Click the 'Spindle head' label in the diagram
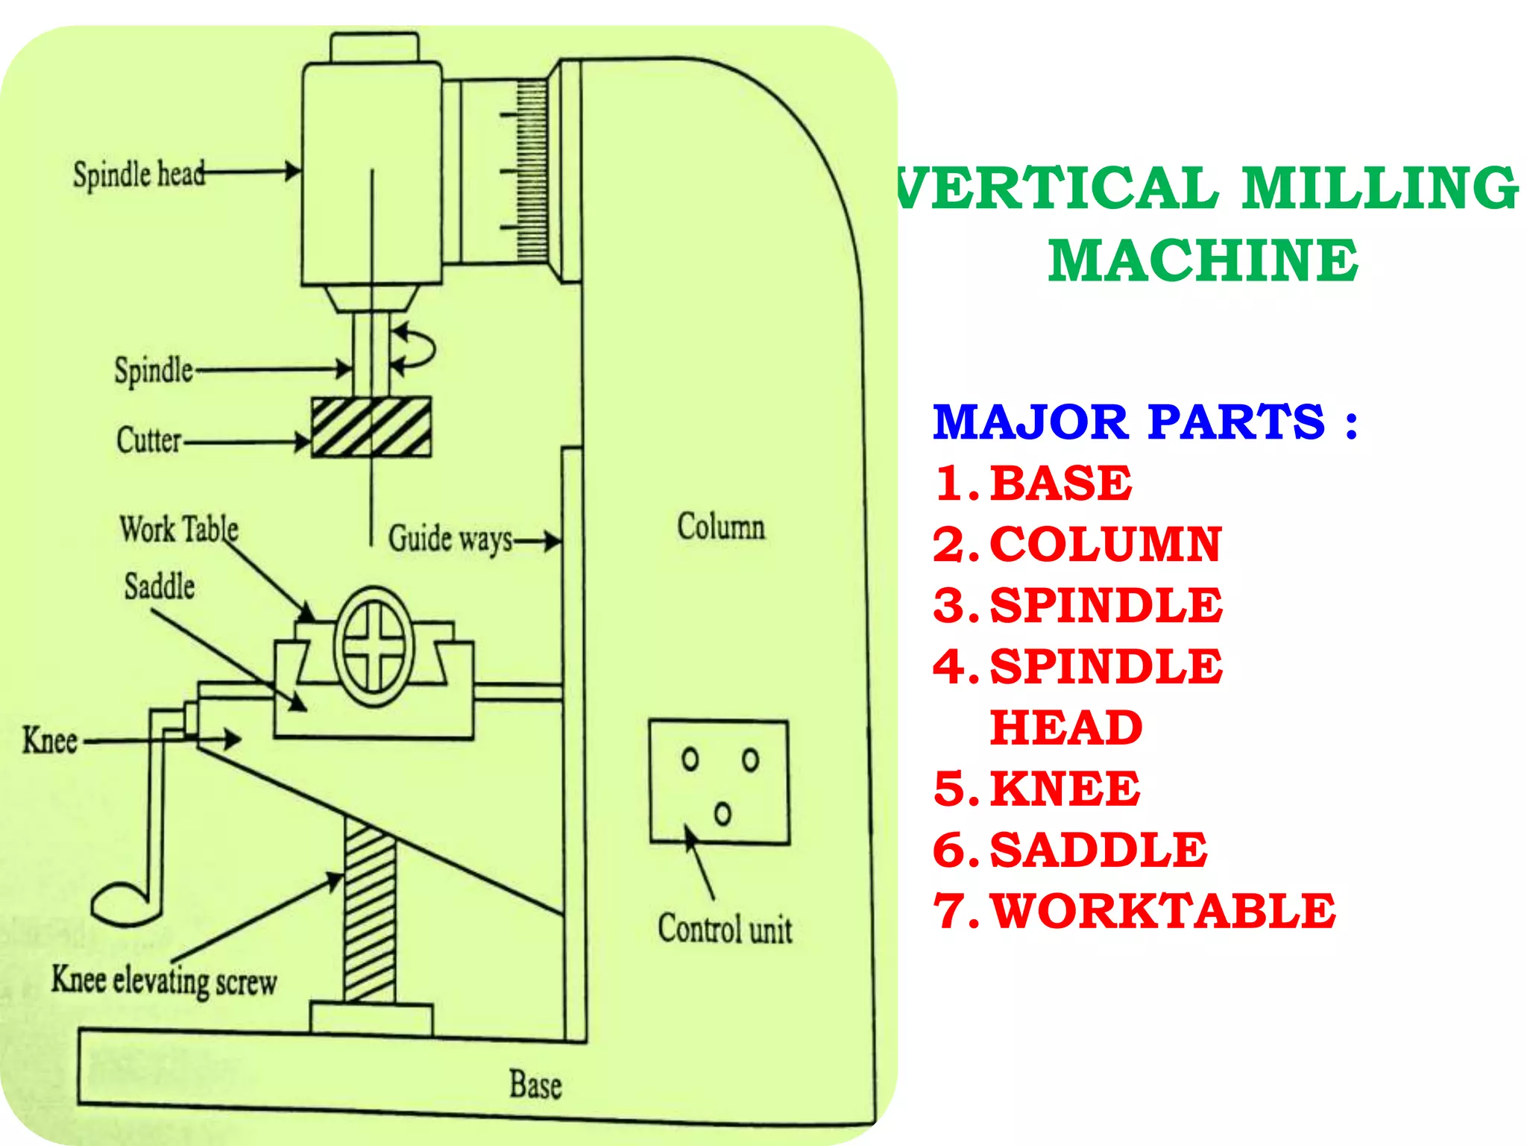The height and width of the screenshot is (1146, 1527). click(x=139, y=175)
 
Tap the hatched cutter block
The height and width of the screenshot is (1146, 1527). click(x=371, y=427)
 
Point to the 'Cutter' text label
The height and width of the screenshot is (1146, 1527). click(x=148, y=440)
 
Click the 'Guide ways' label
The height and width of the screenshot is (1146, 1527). click(x=450, y=539)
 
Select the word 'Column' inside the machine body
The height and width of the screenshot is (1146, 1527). click(x=720, y=527)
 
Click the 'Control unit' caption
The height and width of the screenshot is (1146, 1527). click(x=725, y=930)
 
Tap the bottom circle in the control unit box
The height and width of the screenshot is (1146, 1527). click(x=722, y=813)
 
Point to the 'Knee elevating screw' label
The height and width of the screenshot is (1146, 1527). click(x=164, y=980)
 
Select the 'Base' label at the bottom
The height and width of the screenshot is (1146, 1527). click(x=535, y=1085)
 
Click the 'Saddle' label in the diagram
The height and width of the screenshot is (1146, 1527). click(x=160, y=586)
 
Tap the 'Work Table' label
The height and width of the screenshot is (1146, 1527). click(x=179, y=530)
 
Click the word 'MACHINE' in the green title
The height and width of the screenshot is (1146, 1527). click(x=1203, y=260)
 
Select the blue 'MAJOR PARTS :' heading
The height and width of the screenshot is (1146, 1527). click(x=1145, y=422)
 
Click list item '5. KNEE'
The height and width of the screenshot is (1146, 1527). click(x=1036, y=789)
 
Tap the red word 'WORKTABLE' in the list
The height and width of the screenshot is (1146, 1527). click(x=1162, y=911)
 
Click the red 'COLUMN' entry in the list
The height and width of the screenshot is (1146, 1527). click(x=1105, y=544)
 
